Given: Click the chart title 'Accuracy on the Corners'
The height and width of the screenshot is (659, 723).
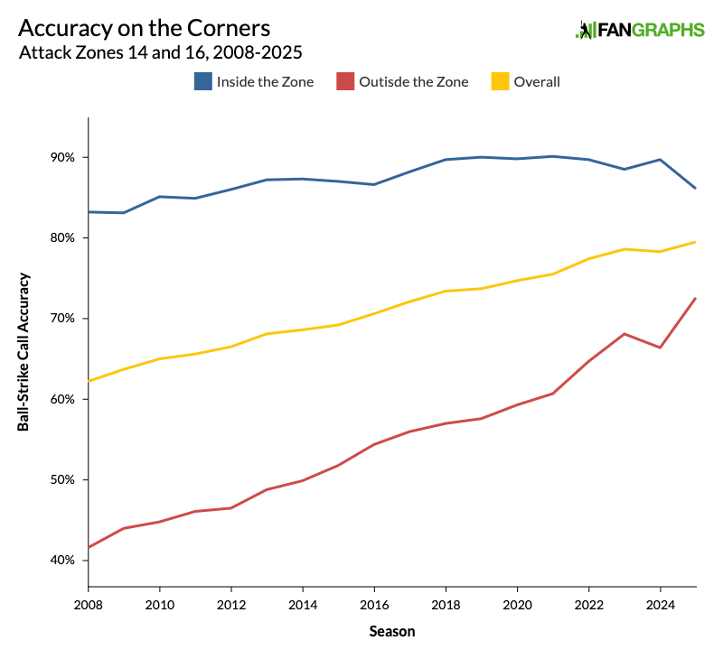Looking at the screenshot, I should [144, 28].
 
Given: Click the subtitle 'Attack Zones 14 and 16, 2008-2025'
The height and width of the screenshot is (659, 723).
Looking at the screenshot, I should [160, 53].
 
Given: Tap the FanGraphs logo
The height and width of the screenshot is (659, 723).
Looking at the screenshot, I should [640, 30].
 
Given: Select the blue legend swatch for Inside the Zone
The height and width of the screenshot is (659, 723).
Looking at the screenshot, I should [203, 82].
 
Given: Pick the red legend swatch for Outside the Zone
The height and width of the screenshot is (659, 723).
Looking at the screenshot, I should [345, 82].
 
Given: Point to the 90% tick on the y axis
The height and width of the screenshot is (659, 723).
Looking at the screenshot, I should [63, 157].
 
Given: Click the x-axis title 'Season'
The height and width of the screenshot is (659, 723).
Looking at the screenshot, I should [392, 632].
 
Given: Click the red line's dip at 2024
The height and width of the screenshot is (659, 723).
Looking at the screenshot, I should [661, 348].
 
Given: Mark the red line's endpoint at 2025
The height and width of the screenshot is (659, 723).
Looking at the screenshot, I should [696, 298].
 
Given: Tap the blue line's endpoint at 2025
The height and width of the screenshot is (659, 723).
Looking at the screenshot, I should [696, 188].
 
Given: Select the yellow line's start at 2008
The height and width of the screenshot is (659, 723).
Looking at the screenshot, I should [89, 381].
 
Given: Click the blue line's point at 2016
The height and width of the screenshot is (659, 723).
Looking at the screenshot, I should [374, 184].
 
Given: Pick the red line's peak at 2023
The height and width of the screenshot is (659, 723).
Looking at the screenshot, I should [624, 334].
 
